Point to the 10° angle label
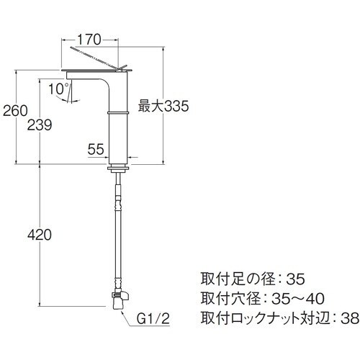click(x=59, y=89)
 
